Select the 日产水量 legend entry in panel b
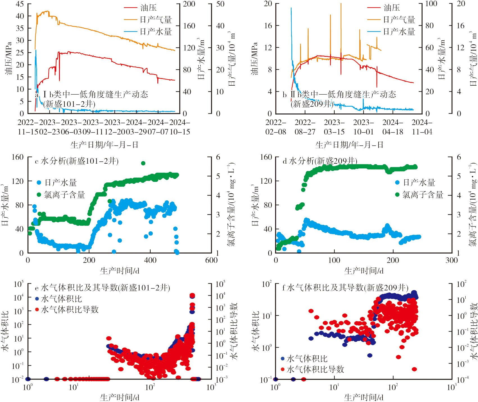pyautogui.click(x=399, y=32)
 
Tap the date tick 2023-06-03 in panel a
pyautogui.click(x=71, y=127)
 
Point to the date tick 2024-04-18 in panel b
pyautogui.click(x=393, y=127)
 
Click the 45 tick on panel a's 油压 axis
pyautogui.click(x=20, y=4)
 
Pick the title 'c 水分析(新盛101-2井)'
pyautogui.click(x=77, y=161)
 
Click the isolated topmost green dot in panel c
pyautogui.click(x=143, y=163)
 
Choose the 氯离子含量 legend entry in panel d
pyautogui.click(x=423, y=195)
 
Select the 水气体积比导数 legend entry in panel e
pyautogui.click(x=70, y=310)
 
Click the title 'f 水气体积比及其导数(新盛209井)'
pyautogui.click(x=345, y=287)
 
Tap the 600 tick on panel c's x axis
pyautogui.click(x=211, y=260)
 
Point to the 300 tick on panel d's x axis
pyautogui.click(x=452, y=260)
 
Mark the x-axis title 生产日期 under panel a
pyautogui.click(x=104, y=145)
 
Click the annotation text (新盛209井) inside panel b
pyautogui.click(x=312, y=104)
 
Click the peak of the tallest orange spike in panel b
pyautogui.click(x=341, y=4)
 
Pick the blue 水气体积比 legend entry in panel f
pyautogui.click(x=307, y=359)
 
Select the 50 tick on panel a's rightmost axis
pyautogui.click(x=220, y=4)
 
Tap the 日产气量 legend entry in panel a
pyautogui.click(x=156, y=20)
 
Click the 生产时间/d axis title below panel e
pyautogui.click(x=120, y=397)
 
